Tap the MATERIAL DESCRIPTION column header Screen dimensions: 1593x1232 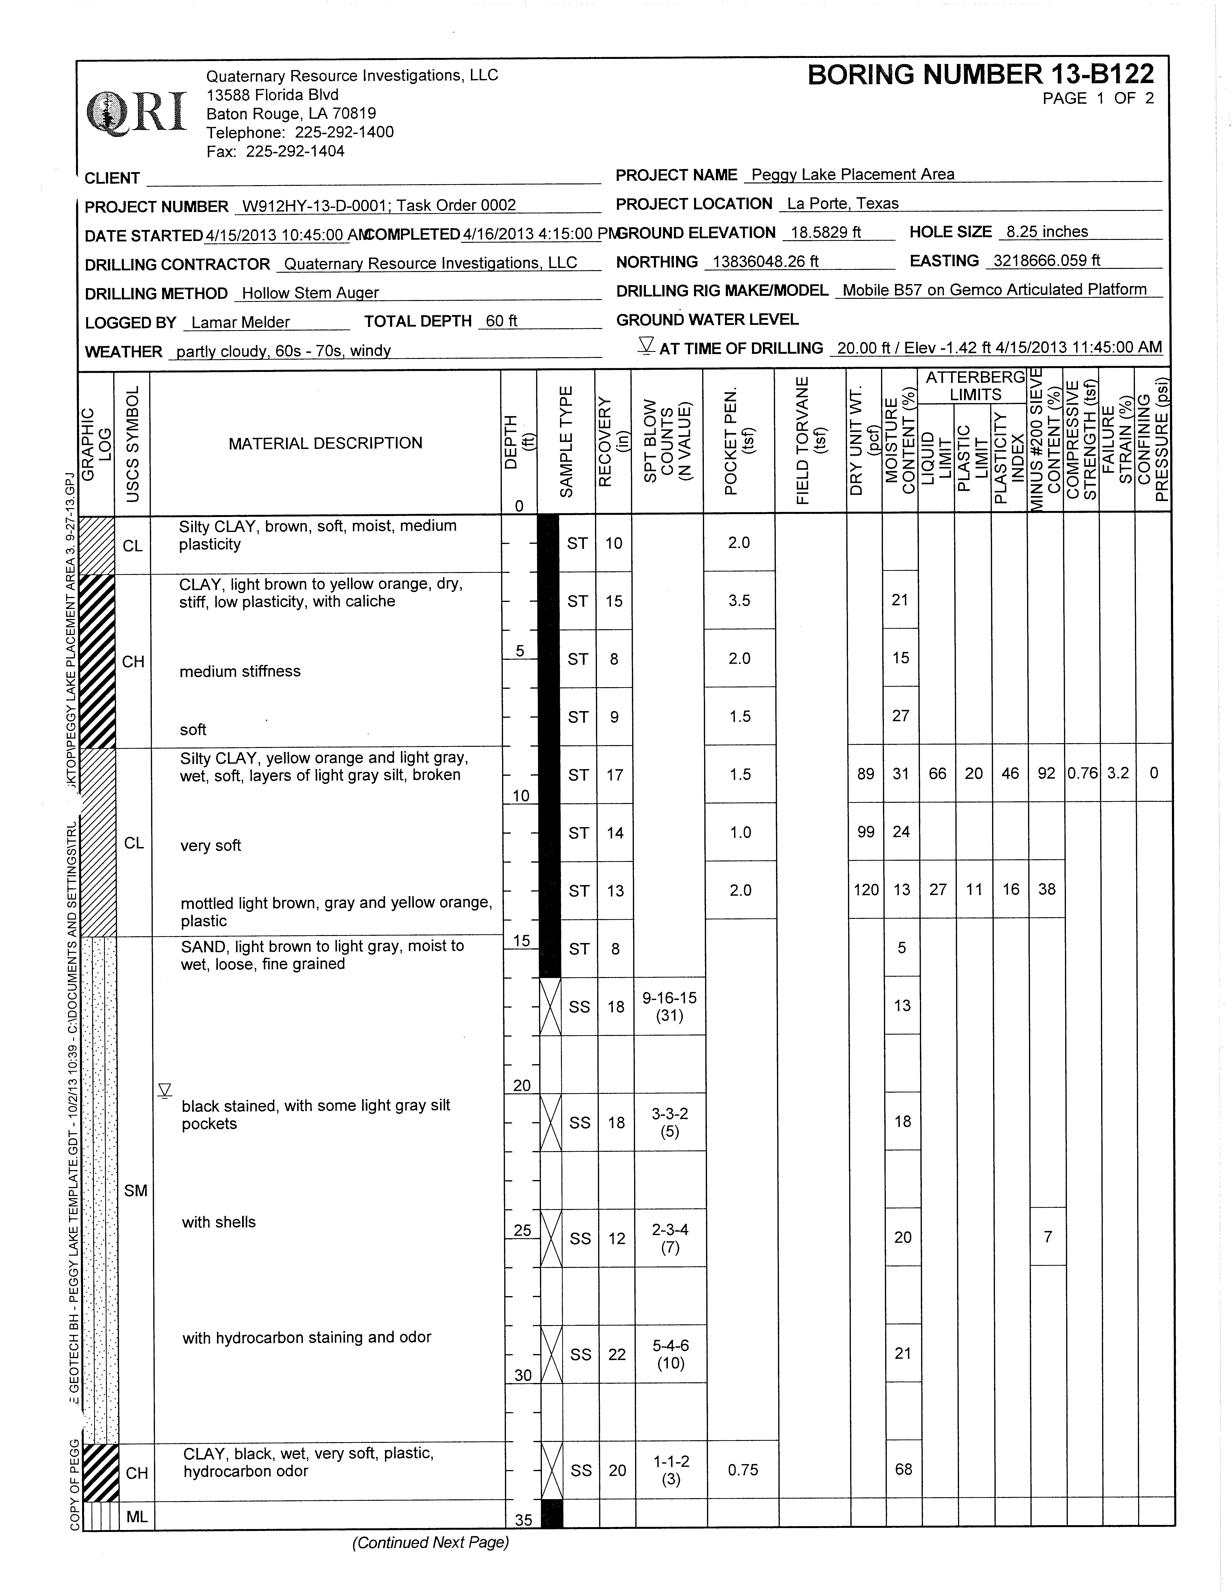pyautogui.click(x=325, y=443)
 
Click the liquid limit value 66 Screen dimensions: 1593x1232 pyautogui.click(x=937, y=773)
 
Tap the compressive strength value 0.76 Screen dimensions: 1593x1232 pyautogui.click(x=1083, y=773)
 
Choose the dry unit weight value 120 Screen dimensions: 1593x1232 pyautogui.click(x=866, y=890)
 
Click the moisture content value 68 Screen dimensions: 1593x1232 pyautogui.click(x=903, y=1469)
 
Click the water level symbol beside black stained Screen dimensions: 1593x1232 pyautogui.click(x=165, y=1091)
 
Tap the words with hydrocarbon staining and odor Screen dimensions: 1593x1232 pyautogui.click(x=306, y=1337)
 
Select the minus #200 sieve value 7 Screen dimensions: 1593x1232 pyautogui.click(x=1047, y=1236)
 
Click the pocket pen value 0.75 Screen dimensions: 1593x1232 pyautogui.click(x=742, y=1470)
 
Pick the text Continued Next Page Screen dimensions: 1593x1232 pyautogui.click(x=430, y=1543)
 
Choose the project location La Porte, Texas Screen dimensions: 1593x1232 pyautogui.click(x=842, y=203)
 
